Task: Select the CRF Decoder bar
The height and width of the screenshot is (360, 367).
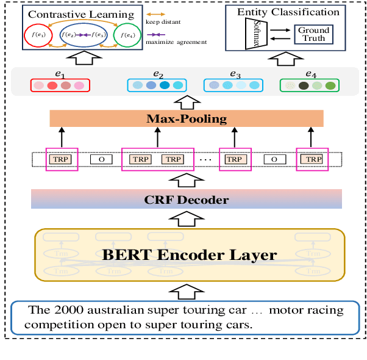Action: tap(186, 199)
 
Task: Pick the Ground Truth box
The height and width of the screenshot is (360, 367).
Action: tap(313, 34)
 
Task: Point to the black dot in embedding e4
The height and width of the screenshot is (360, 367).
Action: tap(304, 86)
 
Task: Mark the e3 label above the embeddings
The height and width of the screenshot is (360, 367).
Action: tap(235, 73)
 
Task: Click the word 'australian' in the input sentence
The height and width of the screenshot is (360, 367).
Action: tap(99, 310)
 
